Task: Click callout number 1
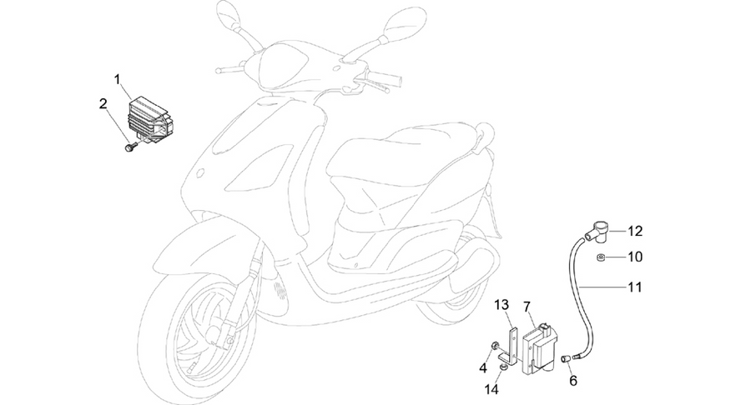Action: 118,79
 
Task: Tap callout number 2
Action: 103,103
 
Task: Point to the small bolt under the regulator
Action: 130,147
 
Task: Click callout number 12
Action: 635,232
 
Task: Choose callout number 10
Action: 635,257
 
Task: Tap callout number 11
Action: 634,287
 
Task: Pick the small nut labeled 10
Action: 601,258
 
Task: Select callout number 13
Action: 502,305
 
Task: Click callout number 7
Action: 527,306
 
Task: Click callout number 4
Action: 483,368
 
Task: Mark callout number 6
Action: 572,381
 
